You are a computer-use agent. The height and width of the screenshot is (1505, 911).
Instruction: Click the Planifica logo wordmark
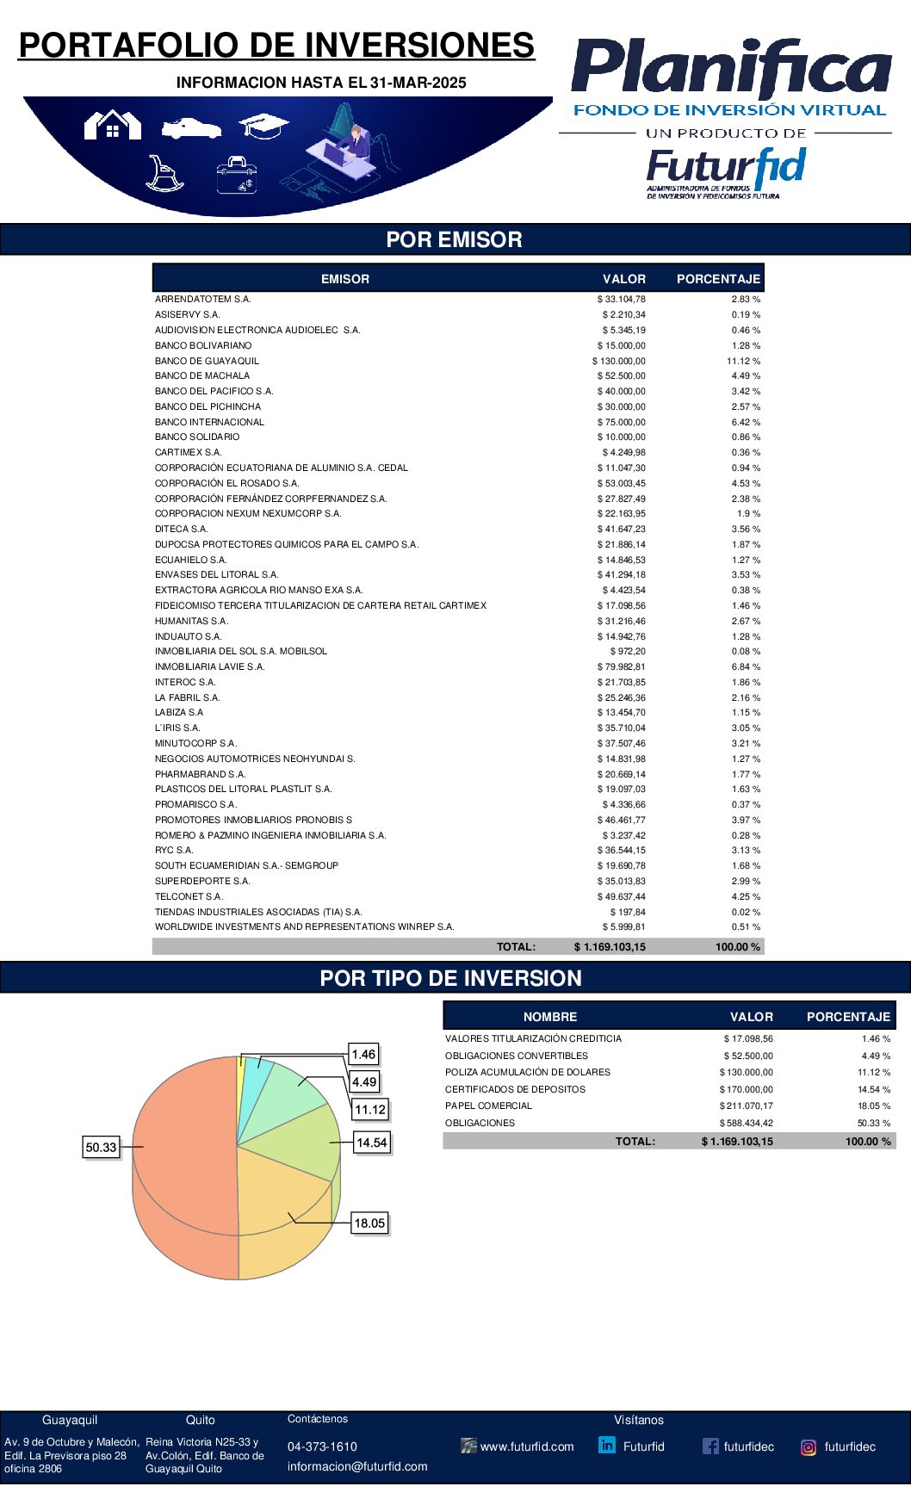click(731, 69)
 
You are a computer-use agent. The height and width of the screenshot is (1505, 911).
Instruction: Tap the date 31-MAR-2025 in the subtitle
click(418, 83)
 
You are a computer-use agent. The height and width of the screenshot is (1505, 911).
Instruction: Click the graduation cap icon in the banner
click(263, 126)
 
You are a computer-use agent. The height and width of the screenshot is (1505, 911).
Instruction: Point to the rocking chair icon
click(164, 173)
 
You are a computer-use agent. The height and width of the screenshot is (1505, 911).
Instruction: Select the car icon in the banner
click(191, 128)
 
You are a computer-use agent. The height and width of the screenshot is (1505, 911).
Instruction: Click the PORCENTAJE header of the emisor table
click(718, 279)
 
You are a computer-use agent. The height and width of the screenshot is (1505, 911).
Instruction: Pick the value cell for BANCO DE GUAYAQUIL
click(619, 361)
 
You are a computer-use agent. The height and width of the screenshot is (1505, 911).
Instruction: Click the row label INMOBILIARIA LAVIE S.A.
click(210, 666)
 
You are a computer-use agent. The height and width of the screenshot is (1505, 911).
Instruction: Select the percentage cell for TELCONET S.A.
click(746, 896)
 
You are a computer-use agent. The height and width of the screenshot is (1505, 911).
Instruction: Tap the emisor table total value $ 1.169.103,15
click(610, 946)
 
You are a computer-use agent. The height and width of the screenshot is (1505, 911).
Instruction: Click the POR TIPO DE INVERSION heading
click(451, 978)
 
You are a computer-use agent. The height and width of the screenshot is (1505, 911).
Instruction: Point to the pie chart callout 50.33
click(101, 1147)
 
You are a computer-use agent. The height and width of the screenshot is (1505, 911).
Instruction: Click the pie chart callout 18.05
click(369, 1223)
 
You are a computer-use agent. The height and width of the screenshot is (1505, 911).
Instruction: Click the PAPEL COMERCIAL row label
click(488, 1106)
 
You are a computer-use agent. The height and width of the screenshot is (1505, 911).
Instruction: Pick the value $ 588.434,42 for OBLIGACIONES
click(746, 1123)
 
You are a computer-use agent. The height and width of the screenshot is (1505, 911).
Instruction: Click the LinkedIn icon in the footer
click(607, 1446)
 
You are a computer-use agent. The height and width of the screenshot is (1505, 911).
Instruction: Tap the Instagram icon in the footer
click(809, 1447)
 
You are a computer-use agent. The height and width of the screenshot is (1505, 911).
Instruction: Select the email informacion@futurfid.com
click(357, 1466)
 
